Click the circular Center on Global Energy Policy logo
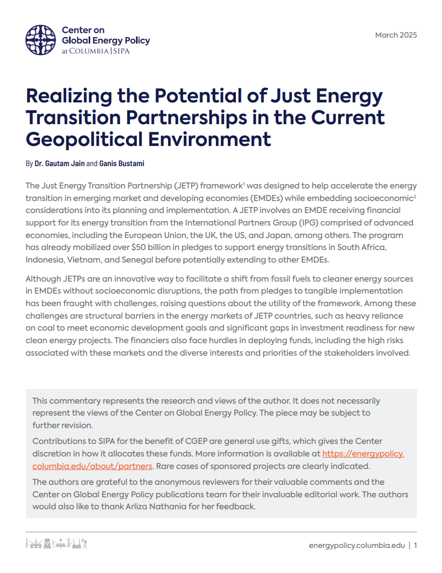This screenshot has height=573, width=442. pos(41,40)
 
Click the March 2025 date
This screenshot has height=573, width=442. pos(396,35)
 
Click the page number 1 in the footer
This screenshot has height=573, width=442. pos(415,545)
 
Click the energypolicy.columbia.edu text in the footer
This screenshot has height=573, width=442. pos(357,545)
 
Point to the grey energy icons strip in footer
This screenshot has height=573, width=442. pos(57,544)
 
